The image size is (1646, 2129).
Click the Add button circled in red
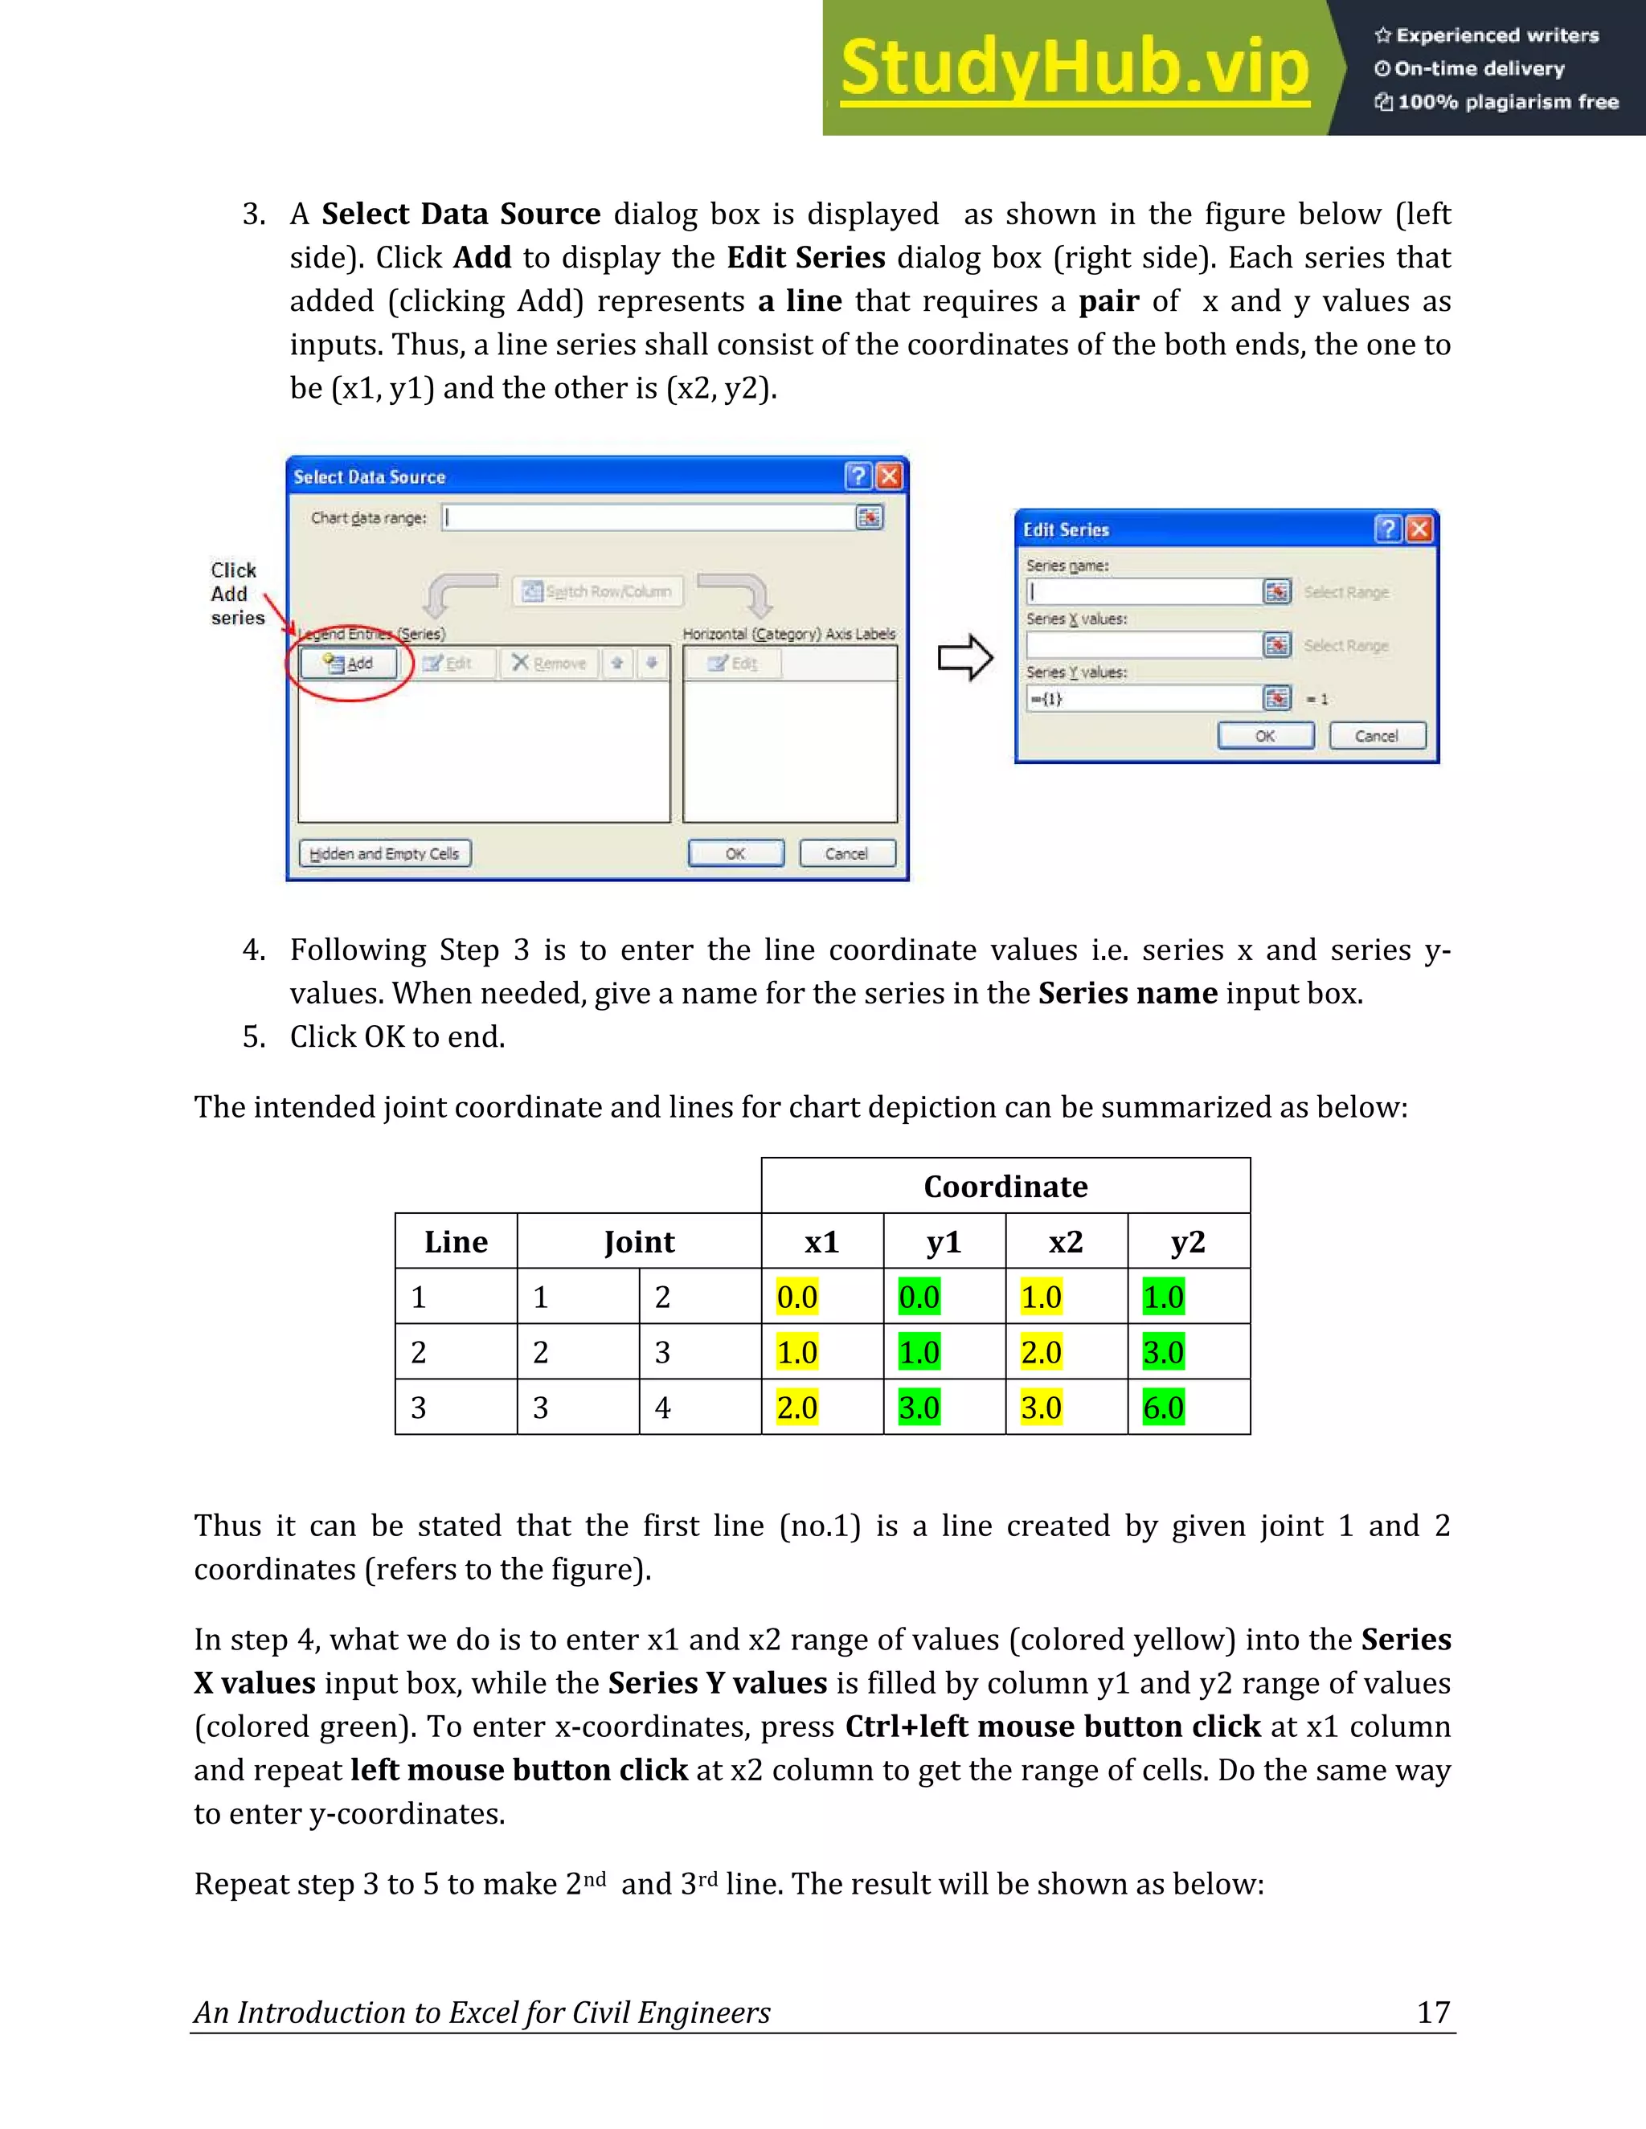tap(348, 664)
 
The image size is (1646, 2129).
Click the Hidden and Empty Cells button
tap(384, 854)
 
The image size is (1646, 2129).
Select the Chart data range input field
tap(648, 517)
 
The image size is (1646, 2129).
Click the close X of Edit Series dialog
tap(1420, 529)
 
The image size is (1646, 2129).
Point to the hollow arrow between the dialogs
tap(964, 659)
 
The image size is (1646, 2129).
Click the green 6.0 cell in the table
tap(1163, 1408)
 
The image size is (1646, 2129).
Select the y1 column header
tap(944, 1242)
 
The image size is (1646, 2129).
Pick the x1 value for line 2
tap(796, 1353)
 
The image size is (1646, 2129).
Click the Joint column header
tap(639, 1242)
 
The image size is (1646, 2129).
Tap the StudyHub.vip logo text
tap(1075, 68)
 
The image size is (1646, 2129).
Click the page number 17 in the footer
tap(1432, 2012)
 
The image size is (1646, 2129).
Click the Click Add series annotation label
tap(236, 594)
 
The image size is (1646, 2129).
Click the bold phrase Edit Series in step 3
tap(805, 257)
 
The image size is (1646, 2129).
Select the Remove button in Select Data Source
tap(549, 664)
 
